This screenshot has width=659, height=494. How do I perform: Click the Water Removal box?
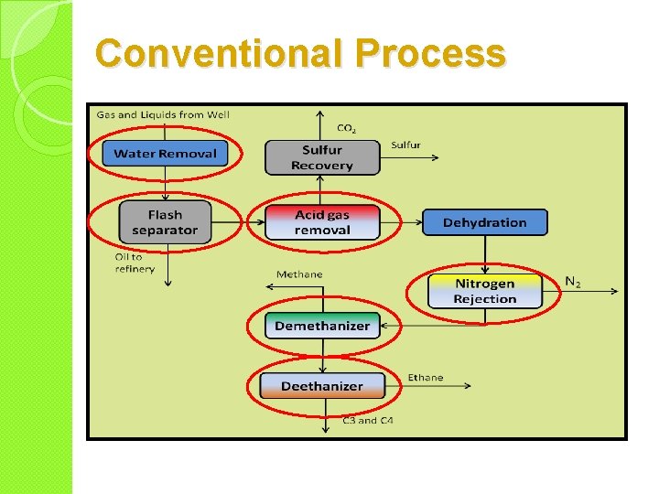pyautogui.click(x=165, y=153)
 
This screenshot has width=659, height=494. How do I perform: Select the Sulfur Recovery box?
pyautogui.click(x=321, y=157)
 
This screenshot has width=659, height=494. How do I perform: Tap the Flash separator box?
pyautogui.click(x=165, y=222)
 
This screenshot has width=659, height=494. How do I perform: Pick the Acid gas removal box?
pyautogui.click(x=321, y=222)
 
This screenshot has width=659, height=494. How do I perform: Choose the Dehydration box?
pyautogui.click(x=484, y=222)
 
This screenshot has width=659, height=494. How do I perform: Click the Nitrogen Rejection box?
pyautogui.click(x=484, y=291)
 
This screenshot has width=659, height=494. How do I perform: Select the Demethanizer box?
pyautogui.click(x=322, y=326)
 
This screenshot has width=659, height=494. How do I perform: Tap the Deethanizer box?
pyautogui.click(x=322, y=386)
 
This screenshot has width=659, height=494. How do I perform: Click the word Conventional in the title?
pyautogui.click(x=218, y=53)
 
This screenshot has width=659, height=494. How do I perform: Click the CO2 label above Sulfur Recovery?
pyautogui.click(x=347, y=128)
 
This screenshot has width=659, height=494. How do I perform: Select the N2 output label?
pyautogui.click(x=573, y=282)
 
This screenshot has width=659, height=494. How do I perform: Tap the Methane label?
pyautogui.click(x=299, y=274)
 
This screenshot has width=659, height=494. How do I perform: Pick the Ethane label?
pyautogui.click(x=425, y=377)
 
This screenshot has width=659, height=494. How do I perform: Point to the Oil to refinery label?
pyautogui.click(x=135, y=263)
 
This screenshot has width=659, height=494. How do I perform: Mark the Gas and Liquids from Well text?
pyautogui.click(x=163, y=114)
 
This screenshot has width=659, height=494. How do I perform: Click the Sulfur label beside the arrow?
pyautogui.click(x=405, y=145)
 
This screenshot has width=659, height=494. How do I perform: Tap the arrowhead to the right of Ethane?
pyautogui.click(x=468, y=386)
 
